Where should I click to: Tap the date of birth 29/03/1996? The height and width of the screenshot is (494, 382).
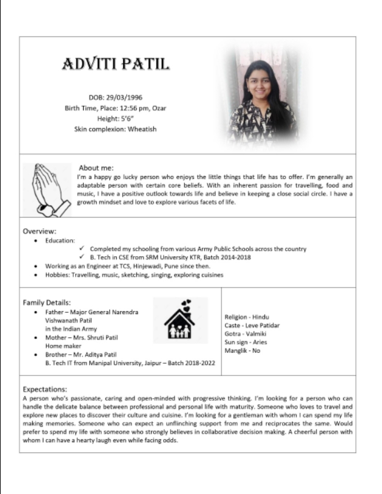tap(124, 97)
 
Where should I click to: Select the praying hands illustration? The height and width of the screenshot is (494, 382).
tap(47, 189)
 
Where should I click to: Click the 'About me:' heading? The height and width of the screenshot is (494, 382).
tap(96, 168)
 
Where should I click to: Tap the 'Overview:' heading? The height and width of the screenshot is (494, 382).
tap(39, 231)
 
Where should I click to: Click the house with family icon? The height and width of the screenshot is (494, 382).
tap(179, 320)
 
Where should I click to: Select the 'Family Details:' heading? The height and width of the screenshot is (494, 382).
tap(47, 302)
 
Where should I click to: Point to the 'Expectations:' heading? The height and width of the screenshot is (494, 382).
tap(45, 389)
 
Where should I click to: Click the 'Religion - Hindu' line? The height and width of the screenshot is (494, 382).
tap(246, 317)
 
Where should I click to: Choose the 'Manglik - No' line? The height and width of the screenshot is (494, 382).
tap(243, 351)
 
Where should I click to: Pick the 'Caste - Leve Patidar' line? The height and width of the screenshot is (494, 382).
tap(252, 325)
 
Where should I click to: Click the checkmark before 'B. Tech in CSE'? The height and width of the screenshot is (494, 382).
tap(82, 257)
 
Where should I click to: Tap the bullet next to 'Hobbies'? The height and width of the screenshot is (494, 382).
tap(39, 274)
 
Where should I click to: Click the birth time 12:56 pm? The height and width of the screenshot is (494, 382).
tap(129, 108)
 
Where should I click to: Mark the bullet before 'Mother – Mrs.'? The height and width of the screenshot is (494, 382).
tap(39, 337)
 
